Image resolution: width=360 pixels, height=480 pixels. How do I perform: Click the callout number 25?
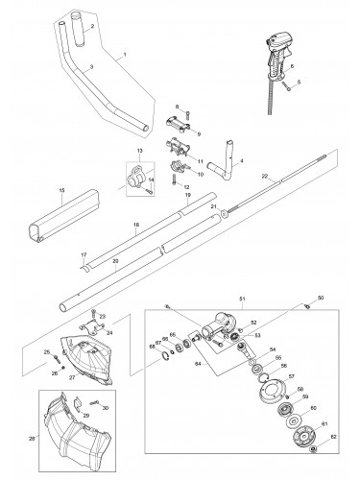[x=45, y=353]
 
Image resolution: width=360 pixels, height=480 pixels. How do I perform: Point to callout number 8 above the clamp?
[x=176, y=111]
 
